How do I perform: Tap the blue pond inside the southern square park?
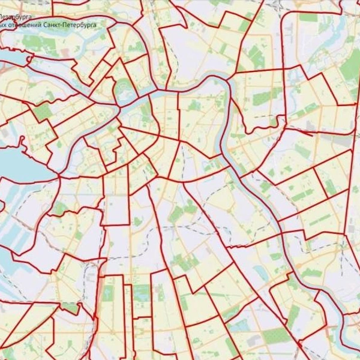point(142,293)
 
